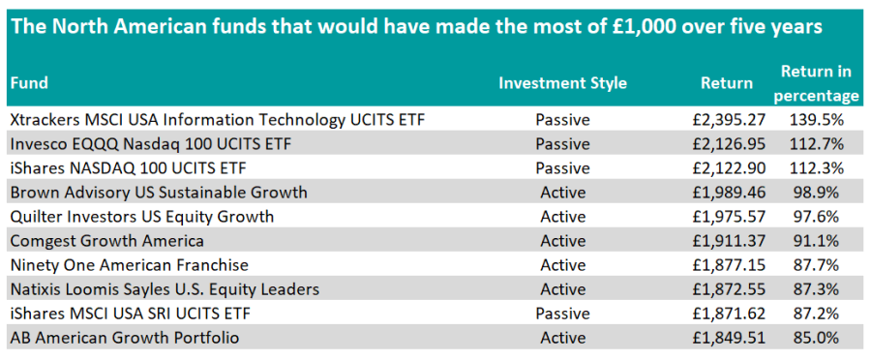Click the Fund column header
tap(29, 83)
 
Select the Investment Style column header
tap(562, 83)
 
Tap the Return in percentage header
tap(816, 83)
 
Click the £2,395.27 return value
tap(729, 119)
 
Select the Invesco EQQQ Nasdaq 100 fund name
tap(151, 144)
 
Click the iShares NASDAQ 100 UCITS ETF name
tap(129, 167)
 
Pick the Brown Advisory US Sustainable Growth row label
tap(159, 193)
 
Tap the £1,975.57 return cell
tap(729, 216)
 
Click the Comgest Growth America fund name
tap(107, 241)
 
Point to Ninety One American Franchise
tap(130, 265)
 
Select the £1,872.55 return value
tap(729, 289)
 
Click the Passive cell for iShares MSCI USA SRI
tap(562, 314)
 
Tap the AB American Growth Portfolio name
tap(125, 337)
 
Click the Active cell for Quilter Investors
tap(562, 216)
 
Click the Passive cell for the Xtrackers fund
tap(562, 119)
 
